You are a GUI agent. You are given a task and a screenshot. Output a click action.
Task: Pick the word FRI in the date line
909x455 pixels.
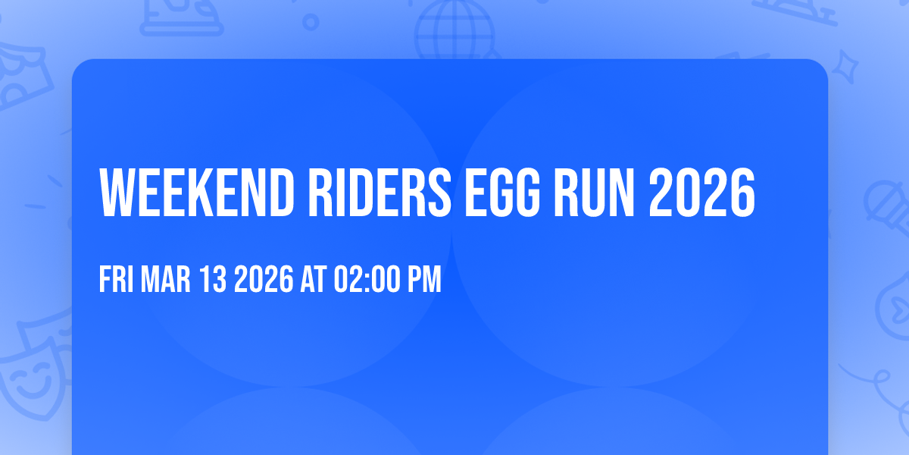point(116,280)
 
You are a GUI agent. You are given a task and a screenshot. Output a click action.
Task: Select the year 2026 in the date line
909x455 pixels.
point(263,280)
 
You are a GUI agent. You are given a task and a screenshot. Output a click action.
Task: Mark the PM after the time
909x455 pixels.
point(424,280)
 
